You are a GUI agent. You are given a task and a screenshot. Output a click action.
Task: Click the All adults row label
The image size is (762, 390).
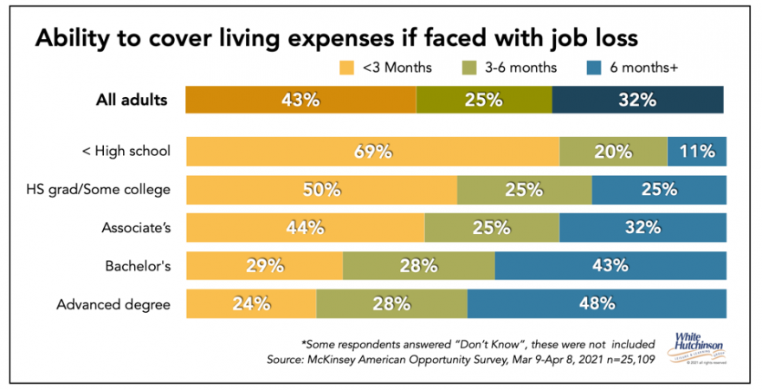pos(131,100)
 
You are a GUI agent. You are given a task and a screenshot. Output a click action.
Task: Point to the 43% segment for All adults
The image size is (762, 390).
pos(300,100)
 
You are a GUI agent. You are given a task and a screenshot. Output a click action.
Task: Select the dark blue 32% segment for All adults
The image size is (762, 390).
pos(637,100)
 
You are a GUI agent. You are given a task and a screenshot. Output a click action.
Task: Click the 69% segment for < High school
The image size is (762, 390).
pos(372,152)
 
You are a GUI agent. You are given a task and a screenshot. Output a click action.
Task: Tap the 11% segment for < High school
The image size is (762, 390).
pos(697,152)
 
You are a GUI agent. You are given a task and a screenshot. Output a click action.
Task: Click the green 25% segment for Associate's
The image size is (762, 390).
pos(492,228)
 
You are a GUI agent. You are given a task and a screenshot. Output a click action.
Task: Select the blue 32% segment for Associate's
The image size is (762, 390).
pos(643,228)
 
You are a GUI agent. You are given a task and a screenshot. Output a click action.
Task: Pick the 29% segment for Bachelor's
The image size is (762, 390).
pos(264,266)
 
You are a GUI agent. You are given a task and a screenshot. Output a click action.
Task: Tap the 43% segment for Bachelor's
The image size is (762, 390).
pos(610,266)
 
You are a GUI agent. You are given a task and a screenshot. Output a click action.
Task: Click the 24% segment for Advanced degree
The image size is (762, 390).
pos(251,304)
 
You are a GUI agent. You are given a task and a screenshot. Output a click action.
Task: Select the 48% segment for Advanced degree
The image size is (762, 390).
pos(597,304)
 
